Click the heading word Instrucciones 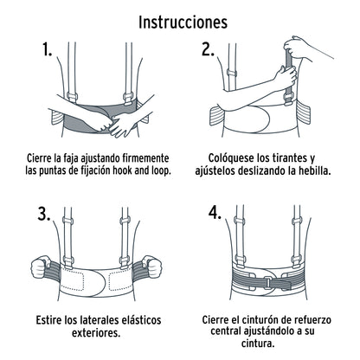[x=179, y=19]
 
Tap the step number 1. [x=47, y=51]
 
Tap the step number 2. [x=207, y=49]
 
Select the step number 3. [x=44, y=214]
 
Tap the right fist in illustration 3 [x=159, y=262]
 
